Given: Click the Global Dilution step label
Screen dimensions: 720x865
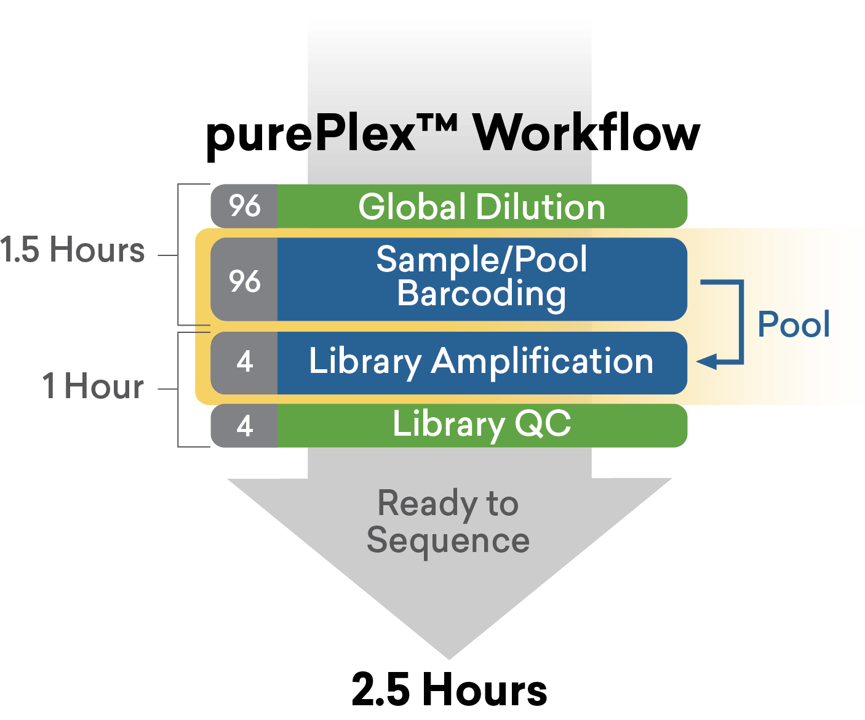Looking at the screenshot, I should (x=482, y=207).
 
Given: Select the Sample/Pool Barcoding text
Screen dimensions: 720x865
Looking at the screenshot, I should (x=482, y=276).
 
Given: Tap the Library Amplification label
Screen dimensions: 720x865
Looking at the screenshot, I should (x=480, y=361).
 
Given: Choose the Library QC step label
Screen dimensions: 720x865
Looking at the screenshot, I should (x=482, y=425).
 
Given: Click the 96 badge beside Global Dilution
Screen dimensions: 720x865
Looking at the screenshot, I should (x=245, y=206).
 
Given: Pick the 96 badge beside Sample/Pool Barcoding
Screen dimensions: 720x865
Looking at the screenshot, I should (x=245, y=281).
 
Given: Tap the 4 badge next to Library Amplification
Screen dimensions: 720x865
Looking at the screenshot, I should (x=245, y=362).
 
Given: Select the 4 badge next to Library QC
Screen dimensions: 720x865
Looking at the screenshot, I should (x=245, y=426).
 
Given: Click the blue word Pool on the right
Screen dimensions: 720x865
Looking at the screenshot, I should (x=793, y=324).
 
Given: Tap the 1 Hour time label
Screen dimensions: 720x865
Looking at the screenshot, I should (x=94, y=386).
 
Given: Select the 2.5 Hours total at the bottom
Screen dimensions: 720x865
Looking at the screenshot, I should (x=449, y=689).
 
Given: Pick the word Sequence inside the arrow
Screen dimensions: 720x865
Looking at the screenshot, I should (x=448, y=541).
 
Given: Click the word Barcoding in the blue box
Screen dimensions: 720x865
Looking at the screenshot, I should (x=481, y=294).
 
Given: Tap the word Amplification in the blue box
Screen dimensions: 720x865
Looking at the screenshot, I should (x=542, y=361).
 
